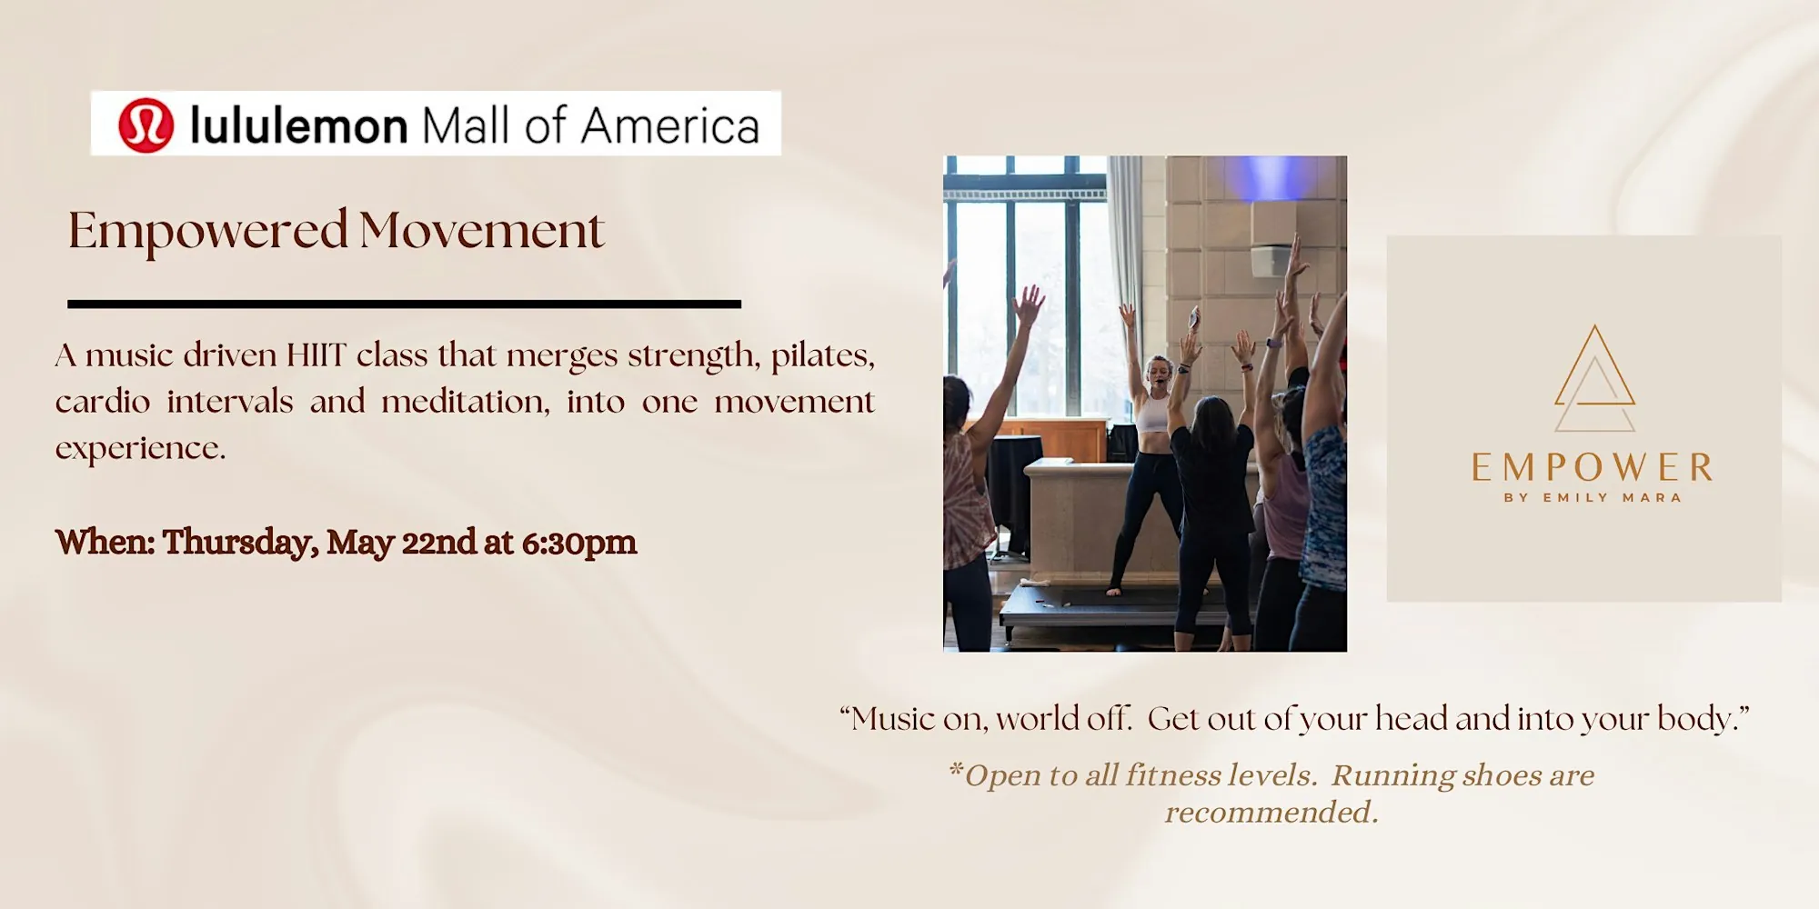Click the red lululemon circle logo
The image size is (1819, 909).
(x=146, y=125)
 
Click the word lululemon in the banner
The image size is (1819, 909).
(x=298, y=125)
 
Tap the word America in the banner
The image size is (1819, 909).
(x=670, y=125)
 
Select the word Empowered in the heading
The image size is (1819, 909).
(x=208, y=232)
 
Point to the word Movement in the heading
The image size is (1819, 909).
(x=482, y=231)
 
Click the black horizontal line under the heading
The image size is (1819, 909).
(x=405, y=305)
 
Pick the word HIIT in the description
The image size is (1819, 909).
(x=317, y=355)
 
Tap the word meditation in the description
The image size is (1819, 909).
(x=466, y=402)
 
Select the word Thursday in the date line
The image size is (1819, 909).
(x=240, y=543)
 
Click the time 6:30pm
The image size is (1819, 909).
(x=579, y=543)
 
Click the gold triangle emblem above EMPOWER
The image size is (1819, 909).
(x=1594, y=378)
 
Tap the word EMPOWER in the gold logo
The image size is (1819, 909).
(x=1593, y=468)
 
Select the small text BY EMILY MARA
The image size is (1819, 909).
(x=1593, y=497)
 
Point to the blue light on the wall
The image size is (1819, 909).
(x=1271, y=176)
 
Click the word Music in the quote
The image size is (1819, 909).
(x=893, y=719)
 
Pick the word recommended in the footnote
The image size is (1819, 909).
(x=1271, y=812)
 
